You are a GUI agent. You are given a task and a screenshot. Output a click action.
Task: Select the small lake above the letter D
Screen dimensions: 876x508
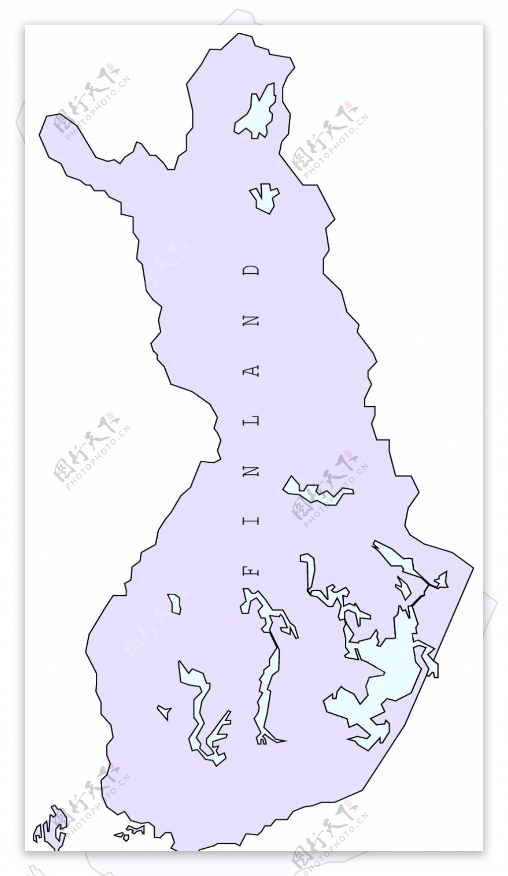(x=265, y=198)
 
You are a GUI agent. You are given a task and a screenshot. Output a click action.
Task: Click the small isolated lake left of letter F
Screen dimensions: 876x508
(x=174, y=604)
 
